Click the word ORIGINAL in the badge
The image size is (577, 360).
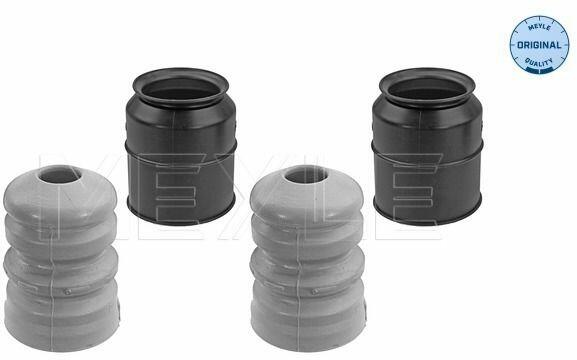click(x=539, y=45)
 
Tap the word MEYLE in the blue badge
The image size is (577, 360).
click(x=539, y=28)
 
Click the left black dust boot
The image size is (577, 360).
click(x=181, y=146)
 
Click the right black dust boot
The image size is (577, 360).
click(x=427, y=146)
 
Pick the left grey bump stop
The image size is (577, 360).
click(x=61, y=258)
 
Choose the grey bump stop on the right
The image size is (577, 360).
click(x=308, y=258)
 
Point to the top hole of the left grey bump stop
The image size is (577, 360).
click(x=60, y=174)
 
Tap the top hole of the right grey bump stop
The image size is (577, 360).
click(x=306, y=174)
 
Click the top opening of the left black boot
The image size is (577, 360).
click(x=180, y=88)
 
